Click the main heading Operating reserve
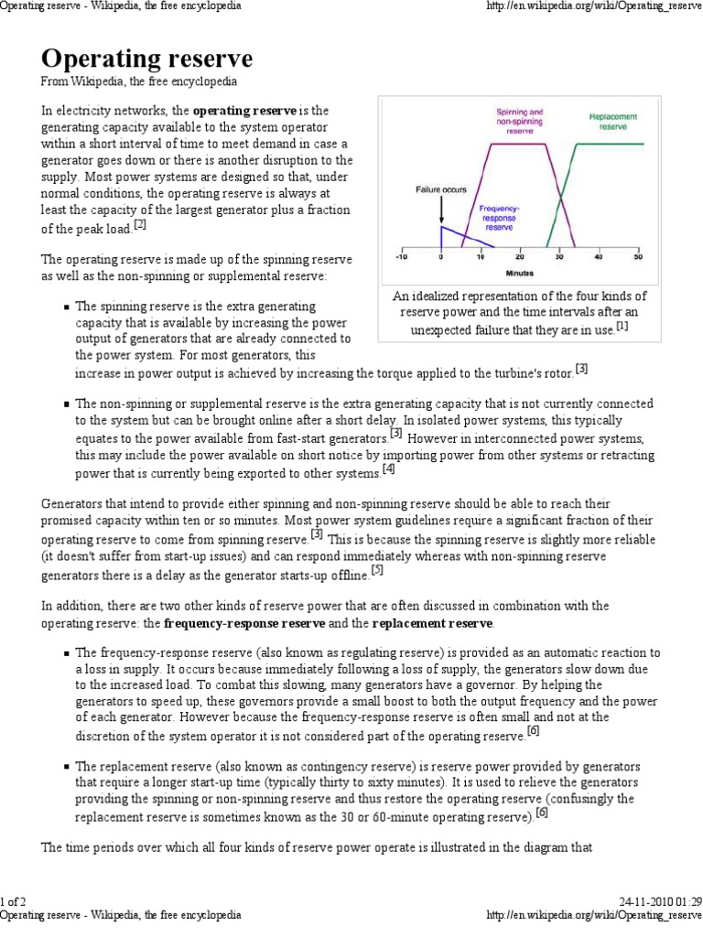click(x=146, y=60)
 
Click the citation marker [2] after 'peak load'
click(x=140, y=224)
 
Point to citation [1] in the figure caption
click(x=622, y=326)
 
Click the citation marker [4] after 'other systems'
click(x=389, y=469)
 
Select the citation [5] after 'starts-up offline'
click(x=377, y=571)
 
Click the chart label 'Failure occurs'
click(x=441, y=190)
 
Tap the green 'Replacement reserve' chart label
click(x=612, y=123)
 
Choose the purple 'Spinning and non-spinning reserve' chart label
click(x=519, y=122)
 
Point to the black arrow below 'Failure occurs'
click(x=441, y=210)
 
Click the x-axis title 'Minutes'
click(x=520, y=272)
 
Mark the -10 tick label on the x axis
click(x=400, y=258)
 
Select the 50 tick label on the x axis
click(x=638, y=258)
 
